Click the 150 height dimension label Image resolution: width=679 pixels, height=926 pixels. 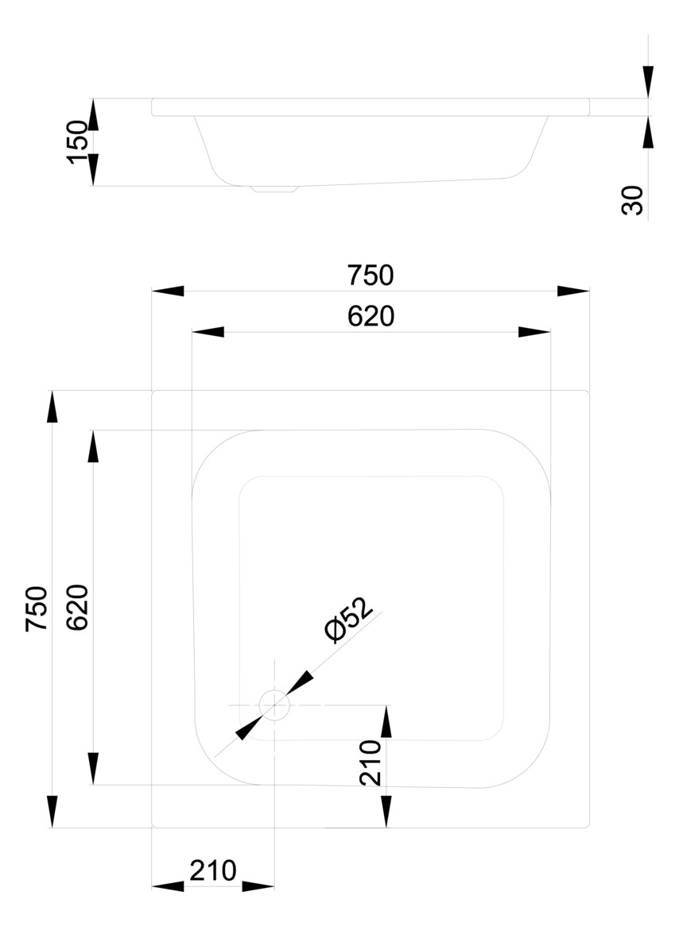(x=77, y=142)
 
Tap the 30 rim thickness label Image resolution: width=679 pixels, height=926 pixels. (x=632, y=200)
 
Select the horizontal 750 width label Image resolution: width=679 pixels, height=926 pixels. (x=371, y=276)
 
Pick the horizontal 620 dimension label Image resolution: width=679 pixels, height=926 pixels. (x=371, y=317)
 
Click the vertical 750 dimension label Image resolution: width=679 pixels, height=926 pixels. (x=37, y=609)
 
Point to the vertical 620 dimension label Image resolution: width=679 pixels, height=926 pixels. (x=77, y=608)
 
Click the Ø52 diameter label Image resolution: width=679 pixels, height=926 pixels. (x=350, y=619)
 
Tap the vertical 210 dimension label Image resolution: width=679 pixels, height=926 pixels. (x=371, y=762)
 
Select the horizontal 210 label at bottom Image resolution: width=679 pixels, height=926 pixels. (x=213, y=871)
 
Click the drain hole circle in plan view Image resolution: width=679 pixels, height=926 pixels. (x=274, y=705)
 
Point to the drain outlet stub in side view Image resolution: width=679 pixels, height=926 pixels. (x=274, y=189)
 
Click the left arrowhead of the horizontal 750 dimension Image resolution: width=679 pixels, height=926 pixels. (x=168, y=291)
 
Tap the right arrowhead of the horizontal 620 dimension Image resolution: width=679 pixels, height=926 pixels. (x=534, y=332)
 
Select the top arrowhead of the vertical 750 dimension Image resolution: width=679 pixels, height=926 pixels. (x=52, y=407)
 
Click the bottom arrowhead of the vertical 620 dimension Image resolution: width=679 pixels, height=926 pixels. (x=93, y=769)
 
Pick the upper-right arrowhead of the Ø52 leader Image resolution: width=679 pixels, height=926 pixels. (x=301, y=682)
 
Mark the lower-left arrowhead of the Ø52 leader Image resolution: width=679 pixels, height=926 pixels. (x=249, y=727)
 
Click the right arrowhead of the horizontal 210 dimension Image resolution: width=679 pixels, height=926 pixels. (x=258, y=886)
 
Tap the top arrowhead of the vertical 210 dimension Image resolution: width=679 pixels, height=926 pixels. (x=386, y=721)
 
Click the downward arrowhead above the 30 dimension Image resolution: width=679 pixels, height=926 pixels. (x=648, y=82)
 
